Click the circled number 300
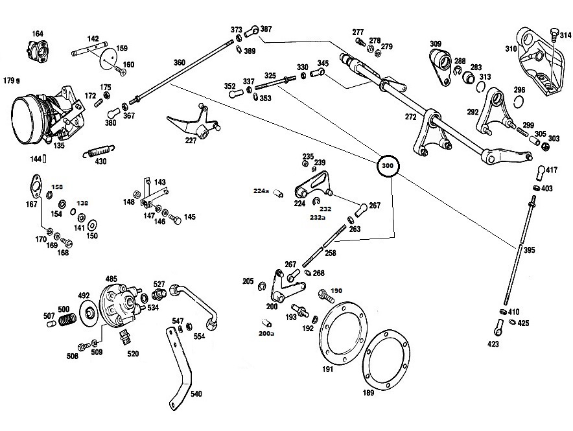click(388, 165)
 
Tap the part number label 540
click(196, 394)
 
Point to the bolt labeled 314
click(554, 36)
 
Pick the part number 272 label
click(411, 117)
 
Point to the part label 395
click(529, 250)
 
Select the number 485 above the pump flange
click(111, 279)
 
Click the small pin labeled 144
click(44, 159)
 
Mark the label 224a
click(261, 191)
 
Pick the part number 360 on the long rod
click(180, 62)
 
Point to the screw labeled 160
click(121, 71)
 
